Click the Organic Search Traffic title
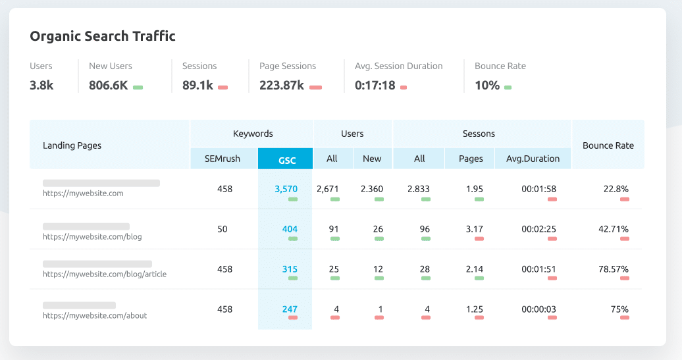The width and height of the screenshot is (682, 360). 103,36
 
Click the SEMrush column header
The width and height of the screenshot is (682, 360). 223,159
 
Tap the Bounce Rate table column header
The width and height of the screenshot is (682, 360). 608,145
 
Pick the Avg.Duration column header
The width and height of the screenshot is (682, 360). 533,159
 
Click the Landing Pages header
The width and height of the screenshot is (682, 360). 72,145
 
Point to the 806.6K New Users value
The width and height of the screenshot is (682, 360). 109,85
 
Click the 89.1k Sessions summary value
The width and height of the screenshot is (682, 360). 197,85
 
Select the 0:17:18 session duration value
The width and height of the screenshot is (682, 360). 375,85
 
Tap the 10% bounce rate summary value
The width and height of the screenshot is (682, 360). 487,85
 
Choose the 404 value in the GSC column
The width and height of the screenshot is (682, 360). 290,229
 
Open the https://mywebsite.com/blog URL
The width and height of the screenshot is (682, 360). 92,236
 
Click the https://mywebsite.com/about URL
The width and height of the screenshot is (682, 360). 95,315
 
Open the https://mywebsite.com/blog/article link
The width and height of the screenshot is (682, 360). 105,274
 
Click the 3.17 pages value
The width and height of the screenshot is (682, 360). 475,229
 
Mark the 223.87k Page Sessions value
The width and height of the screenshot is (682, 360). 281,85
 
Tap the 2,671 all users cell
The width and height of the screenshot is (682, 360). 327,189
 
